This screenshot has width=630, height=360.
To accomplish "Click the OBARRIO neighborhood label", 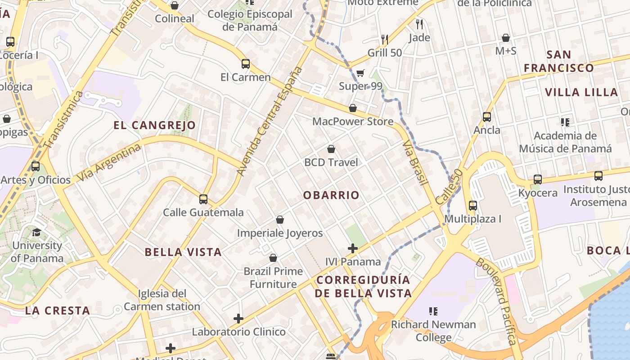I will pos(331,195).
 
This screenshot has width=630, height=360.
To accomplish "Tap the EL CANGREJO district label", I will pos(154,125).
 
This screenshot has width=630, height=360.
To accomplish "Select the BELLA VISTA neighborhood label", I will pos(183,252).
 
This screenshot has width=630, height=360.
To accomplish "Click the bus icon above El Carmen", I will pos(245,64).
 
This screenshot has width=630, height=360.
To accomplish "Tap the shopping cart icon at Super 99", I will pos(360,73).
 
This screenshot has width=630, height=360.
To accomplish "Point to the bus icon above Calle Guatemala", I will pos(203,199).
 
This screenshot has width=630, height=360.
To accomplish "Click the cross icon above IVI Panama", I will pos(353,248).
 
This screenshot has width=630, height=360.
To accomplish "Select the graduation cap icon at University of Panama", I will pos(36,232).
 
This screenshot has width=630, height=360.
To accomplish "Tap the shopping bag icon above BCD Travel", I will pos(331,149).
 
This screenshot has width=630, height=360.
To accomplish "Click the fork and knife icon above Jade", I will pos(419,24).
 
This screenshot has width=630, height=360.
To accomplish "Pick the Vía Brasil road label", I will pos(414,162).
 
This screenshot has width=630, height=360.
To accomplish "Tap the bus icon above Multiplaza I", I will pos(472,206).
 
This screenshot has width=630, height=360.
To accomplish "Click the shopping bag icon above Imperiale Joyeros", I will pos(280,220).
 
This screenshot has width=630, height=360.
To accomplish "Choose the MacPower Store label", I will pos(353,121).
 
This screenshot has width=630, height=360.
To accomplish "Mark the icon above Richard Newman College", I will pos(433,311).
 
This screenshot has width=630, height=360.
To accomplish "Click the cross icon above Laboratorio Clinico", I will pos(238,319).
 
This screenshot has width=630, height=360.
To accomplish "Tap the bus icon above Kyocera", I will pos(537,179).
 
